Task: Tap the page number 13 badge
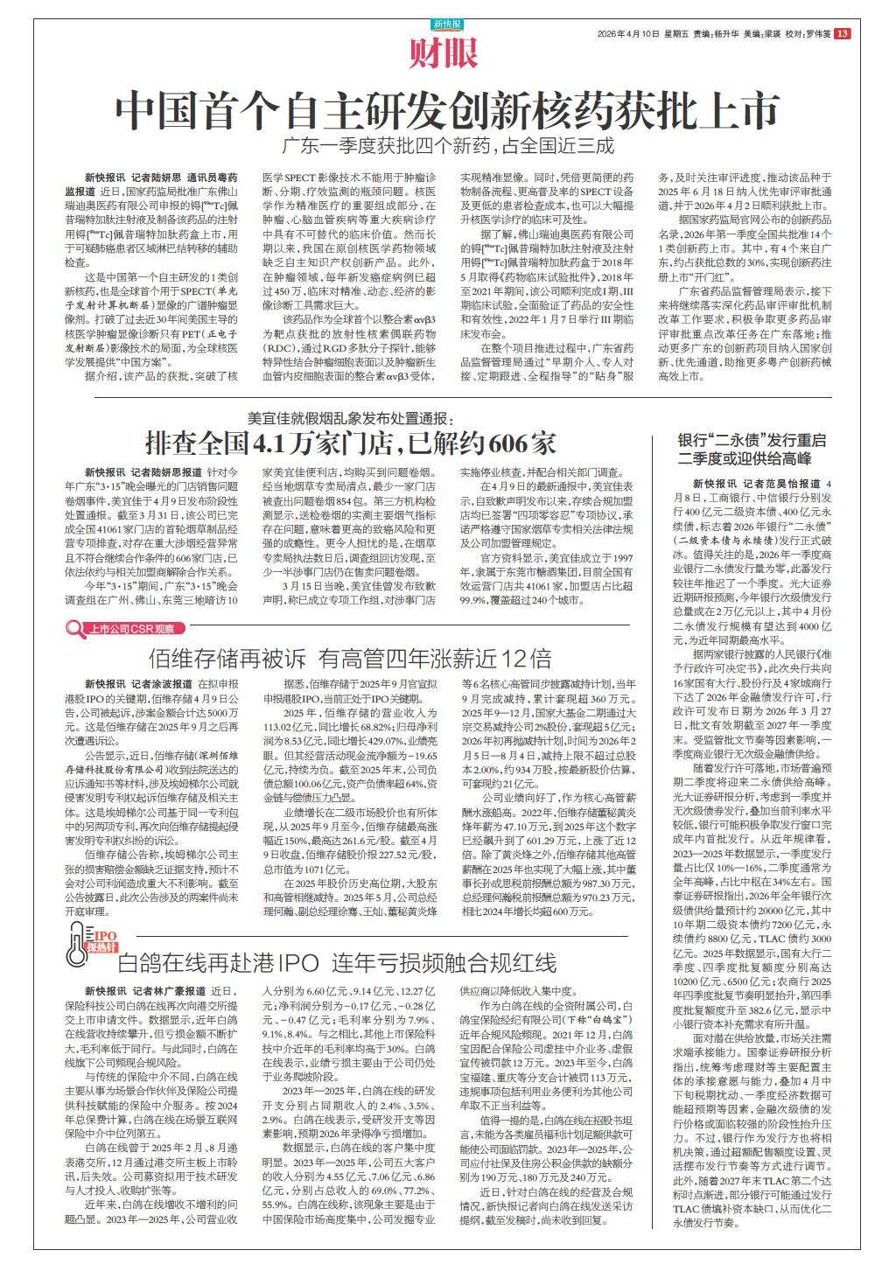(x=842, y=34)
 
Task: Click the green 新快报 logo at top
(x=447, y=24)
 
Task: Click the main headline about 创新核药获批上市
(x=447, y=111)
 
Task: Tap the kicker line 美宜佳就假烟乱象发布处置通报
(x=348, y=417)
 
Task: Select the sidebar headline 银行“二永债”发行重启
(x=752, y=440)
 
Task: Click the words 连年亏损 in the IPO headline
(x=383, y=964)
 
